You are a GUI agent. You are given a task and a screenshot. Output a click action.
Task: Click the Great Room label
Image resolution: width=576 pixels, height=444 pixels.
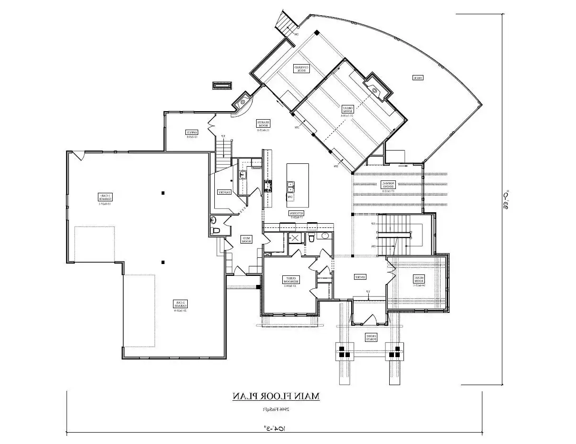tap(348, 111)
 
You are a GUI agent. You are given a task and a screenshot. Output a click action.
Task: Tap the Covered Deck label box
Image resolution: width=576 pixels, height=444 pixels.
tap(301, 69)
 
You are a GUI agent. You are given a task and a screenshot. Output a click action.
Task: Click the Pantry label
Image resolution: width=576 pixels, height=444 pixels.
tap(224, 192)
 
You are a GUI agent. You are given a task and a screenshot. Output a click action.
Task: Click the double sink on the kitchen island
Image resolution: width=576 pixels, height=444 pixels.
tap(290, 186)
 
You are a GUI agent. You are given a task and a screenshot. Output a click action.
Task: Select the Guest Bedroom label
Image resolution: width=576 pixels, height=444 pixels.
tap(289, 281)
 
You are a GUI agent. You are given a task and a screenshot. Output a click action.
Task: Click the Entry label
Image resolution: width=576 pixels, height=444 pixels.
tap(360, 277)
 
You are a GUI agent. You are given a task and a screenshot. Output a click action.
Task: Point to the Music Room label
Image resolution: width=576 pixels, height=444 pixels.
tap(418, 280)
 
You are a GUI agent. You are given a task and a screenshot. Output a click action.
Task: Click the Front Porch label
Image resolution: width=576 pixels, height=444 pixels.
tap(371, 338)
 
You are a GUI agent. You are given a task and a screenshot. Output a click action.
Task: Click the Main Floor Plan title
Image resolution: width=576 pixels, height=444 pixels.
tap(276, 396)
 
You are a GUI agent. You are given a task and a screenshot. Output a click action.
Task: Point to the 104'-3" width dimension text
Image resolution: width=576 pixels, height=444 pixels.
tap(275, 429)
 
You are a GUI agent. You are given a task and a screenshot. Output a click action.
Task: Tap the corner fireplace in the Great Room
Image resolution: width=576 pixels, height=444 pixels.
tap(375, 89)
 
